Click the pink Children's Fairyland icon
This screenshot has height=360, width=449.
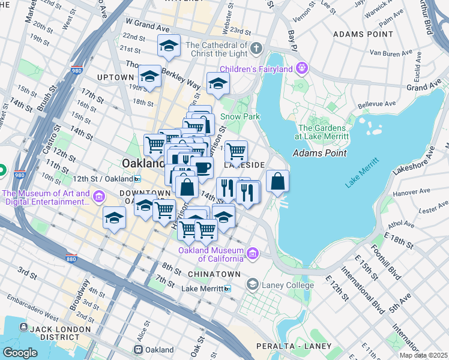[x=301, y=68]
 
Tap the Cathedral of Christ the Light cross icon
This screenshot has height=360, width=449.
[x=256, y=47]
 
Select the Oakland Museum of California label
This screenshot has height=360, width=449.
[x=211, y=254]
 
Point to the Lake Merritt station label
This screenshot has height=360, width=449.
[x=202, y=289]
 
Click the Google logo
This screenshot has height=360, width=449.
[x=20, y=352]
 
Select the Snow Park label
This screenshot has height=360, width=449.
[x=240, y=116]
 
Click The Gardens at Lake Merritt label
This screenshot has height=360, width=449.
[x=323, y=132]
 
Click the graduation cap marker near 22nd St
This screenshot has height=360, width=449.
[x=169, y=45]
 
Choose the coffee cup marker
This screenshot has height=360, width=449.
[x=202, y=167]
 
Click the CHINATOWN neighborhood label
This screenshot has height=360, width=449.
[x=210, y=274]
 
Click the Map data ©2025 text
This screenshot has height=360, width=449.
[x=424, y=355]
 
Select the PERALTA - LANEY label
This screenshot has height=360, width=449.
[x=294, y=346]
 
